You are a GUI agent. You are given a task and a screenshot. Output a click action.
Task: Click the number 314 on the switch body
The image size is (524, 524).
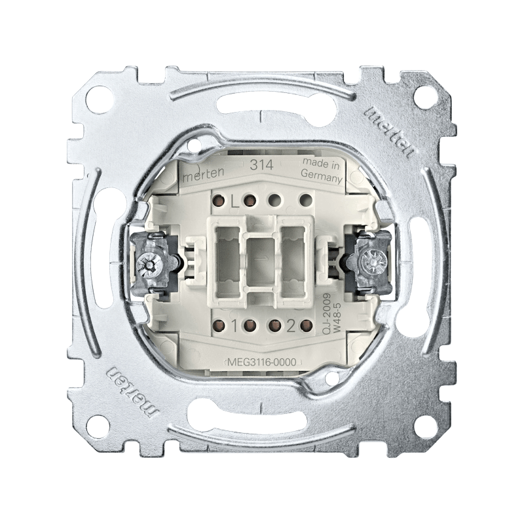point(262,166)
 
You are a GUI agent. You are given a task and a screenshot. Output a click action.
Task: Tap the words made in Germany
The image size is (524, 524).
point(322,172)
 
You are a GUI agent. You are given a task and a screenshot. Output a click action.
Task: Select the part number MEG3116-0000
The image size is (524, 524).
point(263,363)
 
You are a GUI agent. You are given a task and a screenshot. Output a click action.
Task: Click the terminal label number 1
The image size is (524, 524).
point(234,326)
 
